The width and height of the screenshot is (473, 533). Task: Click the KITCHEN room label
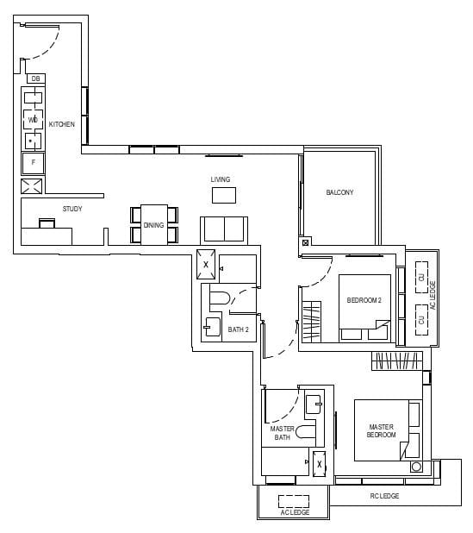[x=61, y=124]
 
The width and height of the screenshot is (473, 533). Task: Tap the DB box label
[x=35, y=78]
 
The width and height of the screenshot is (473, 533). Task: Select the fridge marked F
[x=34, y=162]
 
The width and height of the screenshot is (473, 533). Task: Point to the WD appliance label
[x=33, y=119]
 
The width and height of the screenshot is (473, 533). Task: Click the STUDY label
[x=72, y=210]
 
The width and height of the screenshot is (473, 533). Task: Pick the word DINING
[x=153, y=225]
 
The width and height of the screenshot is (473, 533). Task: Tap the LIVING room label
[x=221, y=179]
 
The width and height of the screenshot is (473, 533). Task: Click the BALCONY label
[x=339, y=192]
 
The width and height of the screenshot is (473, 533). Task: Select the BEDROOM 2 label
[x=364, y=300]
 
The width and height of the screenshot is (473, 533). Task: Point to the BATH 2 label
[x=238, y=329]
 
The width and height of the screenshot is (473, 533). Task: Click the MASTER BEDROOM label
[x=381, y=431]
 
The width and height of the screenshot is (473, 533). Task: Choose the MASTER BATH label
[x=283, y=433]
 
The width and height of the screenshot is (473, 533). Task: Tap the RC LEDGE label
[x=384, y=496]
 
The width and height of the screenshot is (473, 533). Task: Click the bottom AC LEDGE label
[x=294, y=512]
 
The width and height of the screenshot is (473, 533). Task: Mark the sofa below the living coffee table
[x=223, y=229]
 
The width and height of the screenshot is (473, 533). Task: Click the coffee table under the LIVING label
[x=223, y=195]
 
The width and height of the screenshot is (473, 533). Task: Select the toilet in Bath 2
[x=219, y=300]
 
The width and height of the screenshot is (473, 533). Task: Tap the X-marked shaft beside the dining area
[x=206, y=265]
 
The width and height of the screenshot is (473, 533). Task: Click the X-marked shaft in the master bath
[x=320, y=463]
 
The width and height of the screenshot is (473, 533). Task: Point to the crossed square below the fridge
[x=33, y=187]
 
